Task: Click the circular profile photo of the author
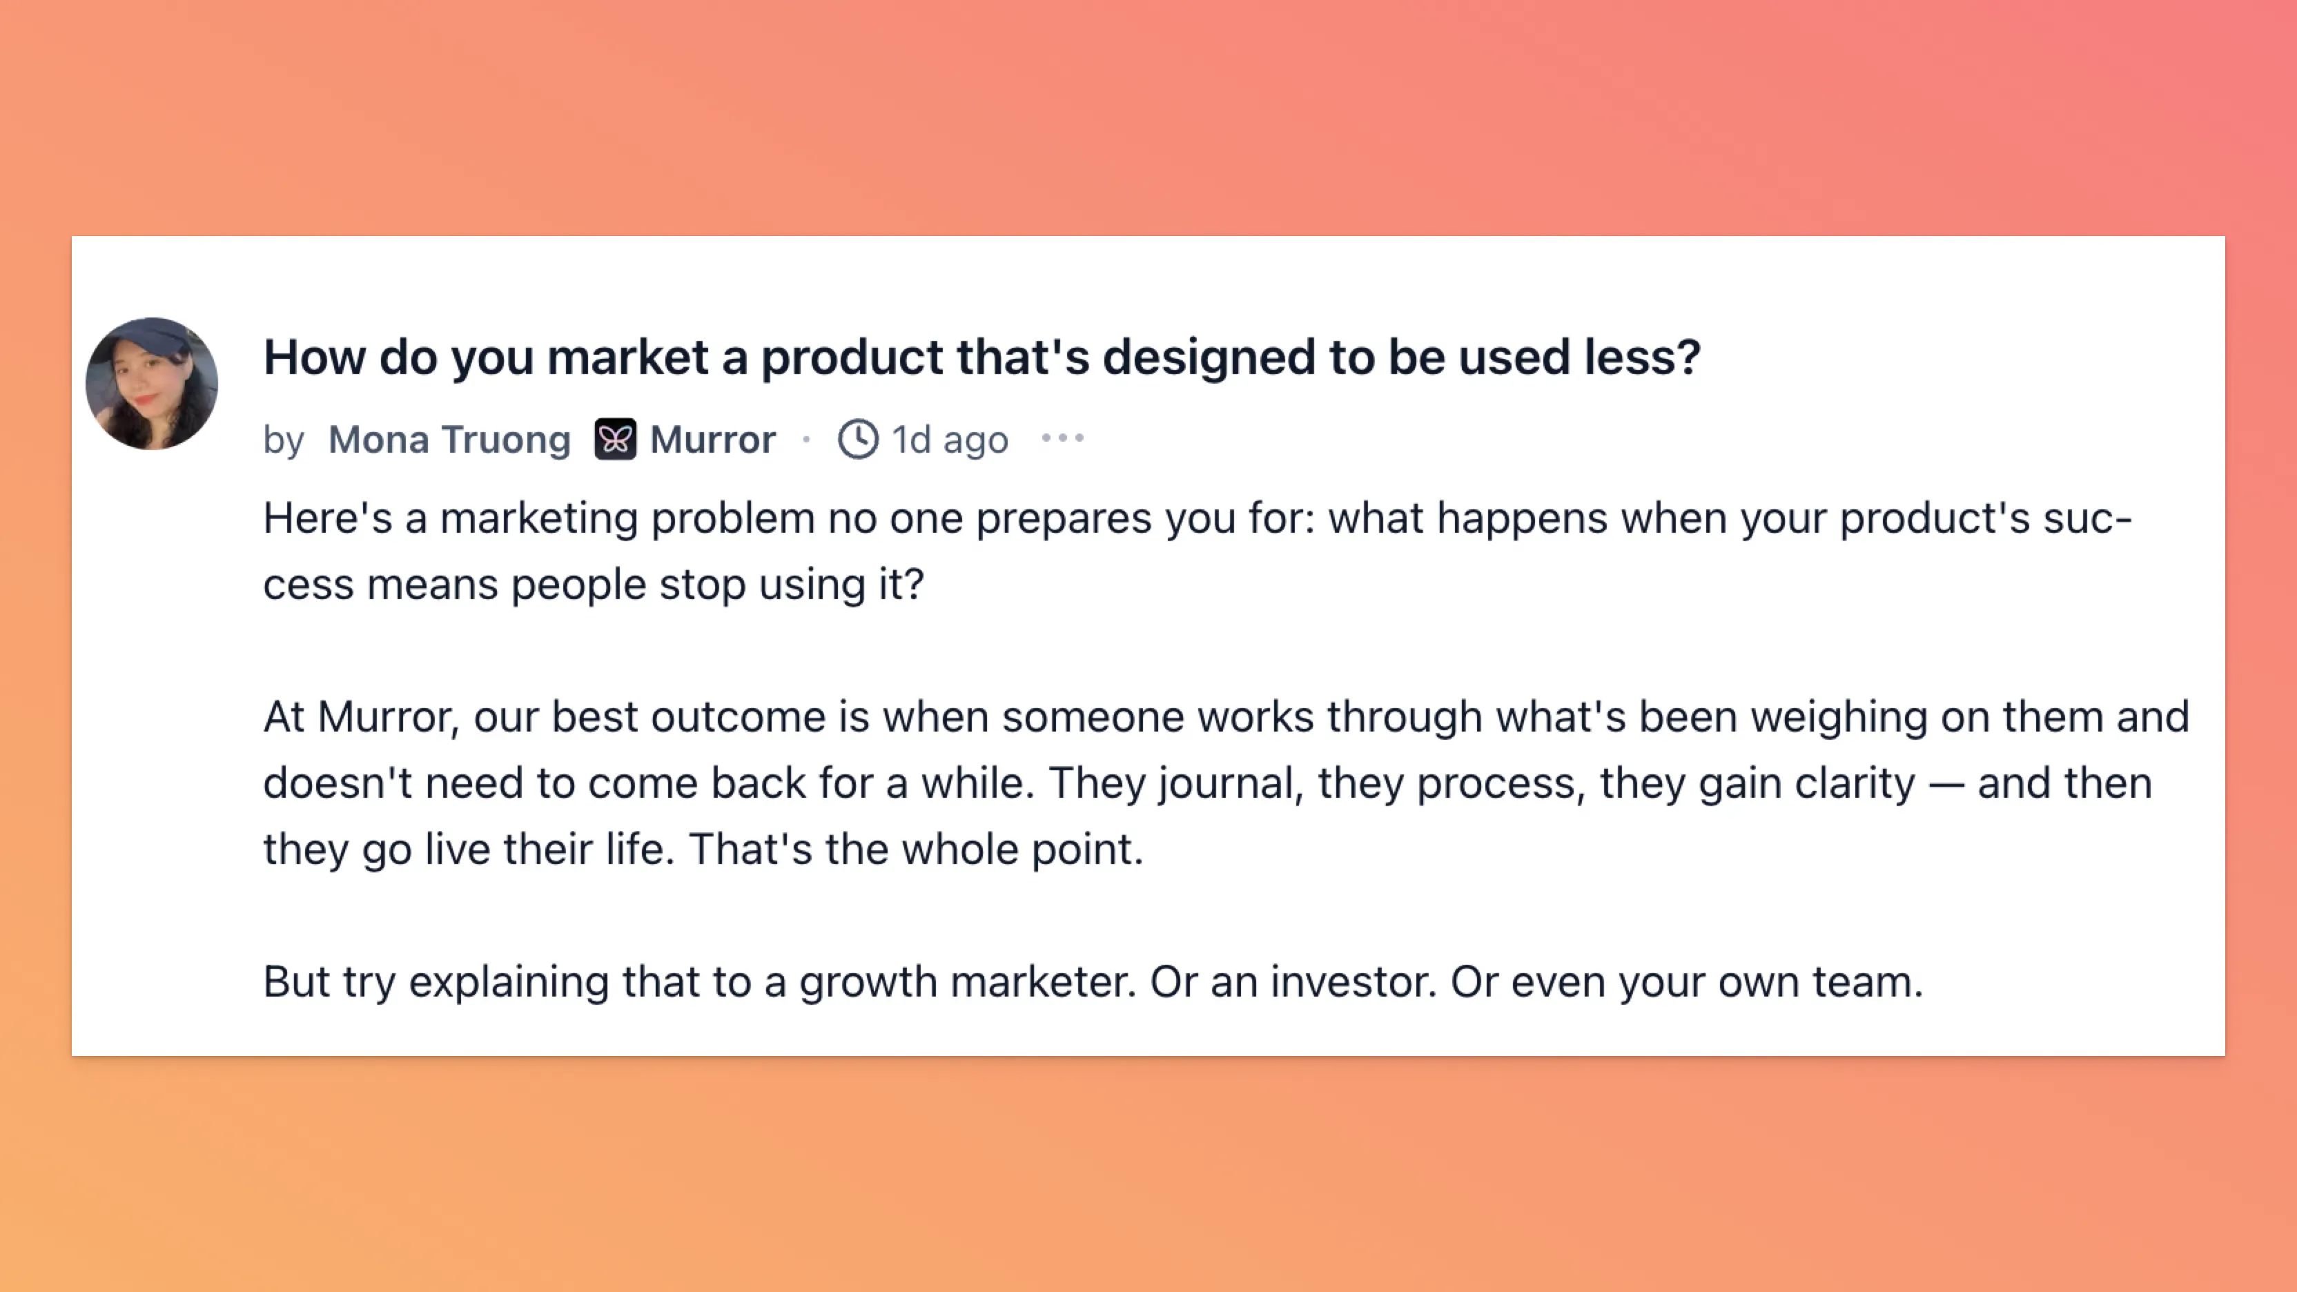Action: click(x=152, y=384)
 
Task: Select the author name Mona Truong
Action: click(x=449, y=440)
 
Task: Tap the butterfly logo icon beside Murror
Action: click(x=615, y=439)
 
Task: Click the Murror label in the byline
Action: click(x=712, y=440)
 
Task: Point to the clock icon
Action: click(x=858, y=439)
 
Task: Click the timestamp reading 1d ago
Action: click(x=950, y=440)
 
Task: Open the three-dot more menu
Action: click(x=1063, y=438)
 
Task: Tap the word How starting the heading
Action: click(x=315, y=358)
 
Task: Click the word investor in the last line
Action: click(x=1353, y=981)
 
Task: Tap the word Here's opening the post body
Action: click(x=327, y=518)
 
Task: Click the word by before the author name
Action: click(x=284, y=440)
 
